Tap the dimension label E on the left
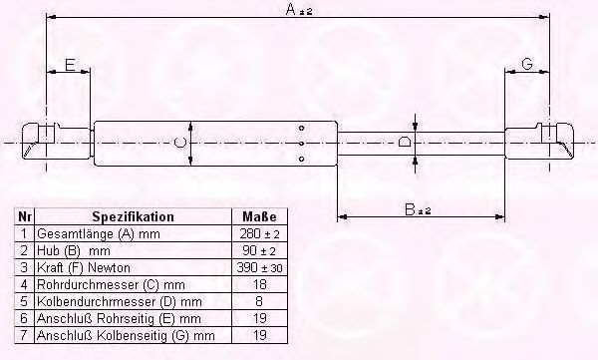[69, 65]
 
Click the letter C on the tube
[179, 144]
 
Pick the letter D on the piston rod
[404, 143]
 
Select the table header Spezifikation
[133, 216]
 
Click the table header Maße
[259, 216]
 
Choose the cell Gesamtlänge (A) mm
[85, 232]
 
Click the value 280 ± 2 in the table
[259, 232]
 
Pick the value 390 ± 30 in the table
[259, 266]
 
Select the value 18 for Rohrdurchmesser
[259, 283]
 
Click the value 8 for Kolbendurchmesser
[259, 300]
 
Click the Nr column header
[24, 216]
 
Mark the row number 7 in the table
[24, 334]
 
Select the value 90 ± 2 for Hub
[259, 249]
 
